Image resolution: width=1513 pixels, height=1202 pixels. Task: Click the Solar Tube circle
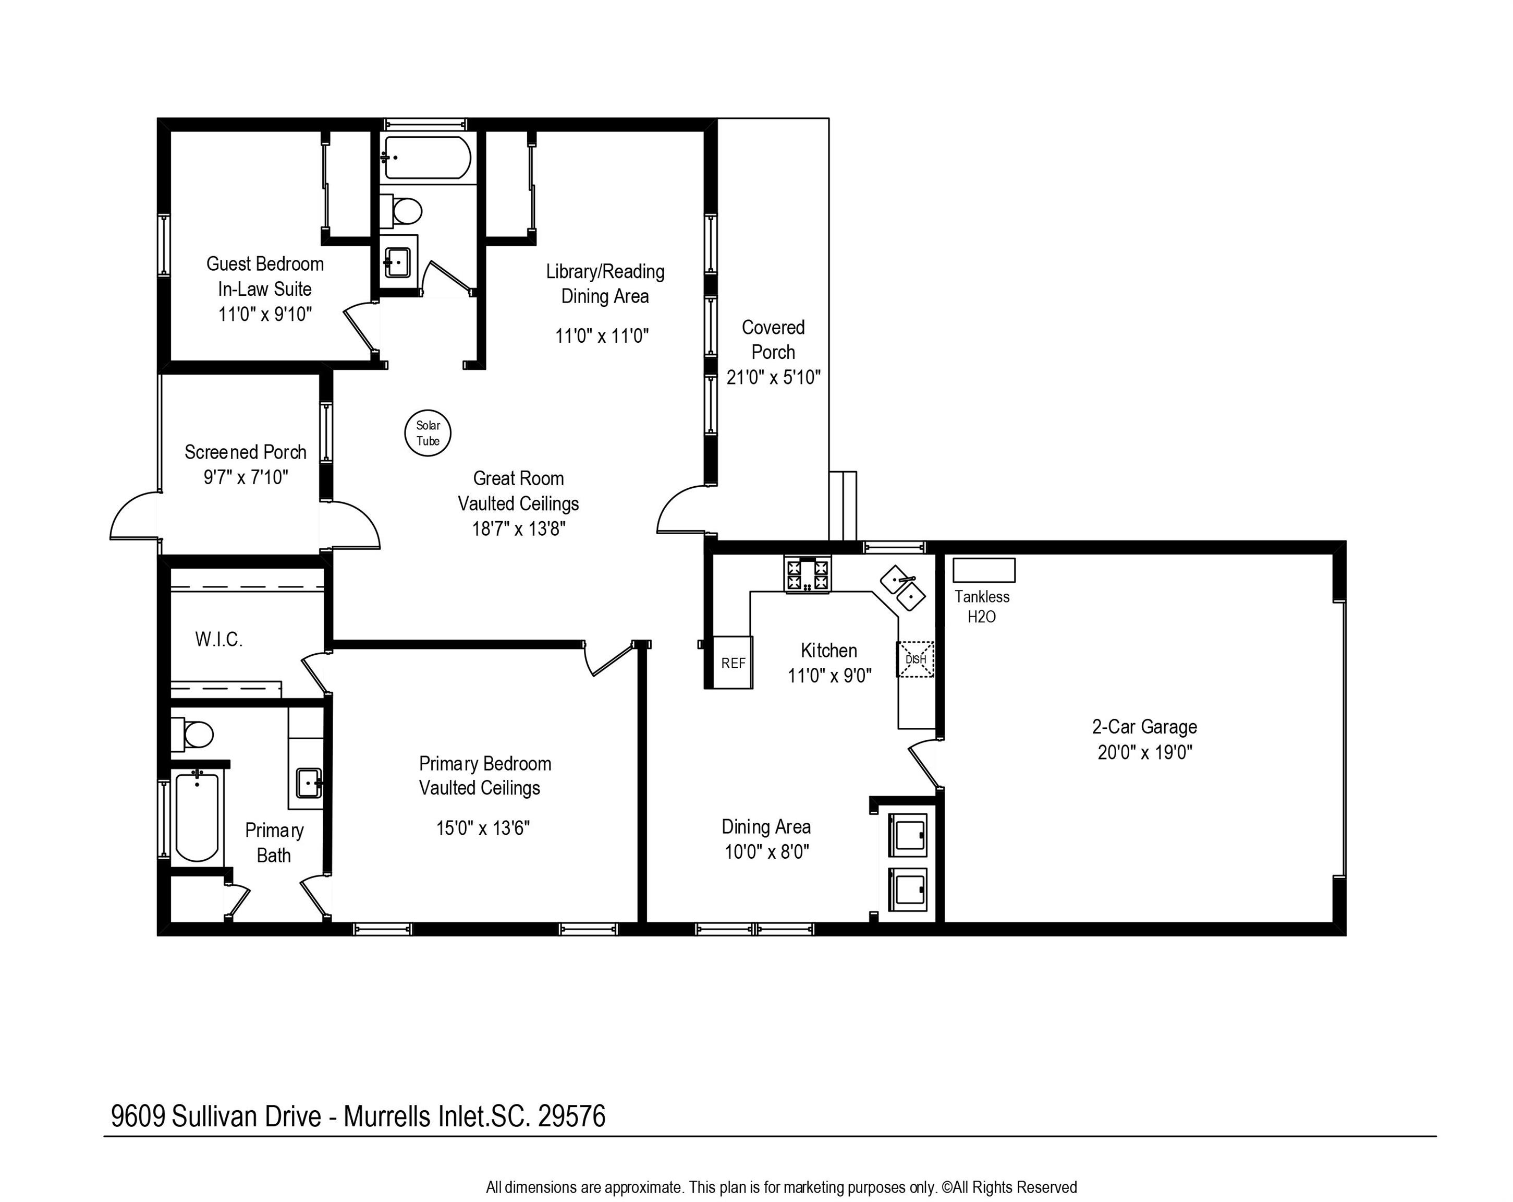point(428,432)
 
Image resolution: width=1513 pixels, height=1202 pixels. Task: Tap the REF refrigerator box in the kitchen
point(734,662)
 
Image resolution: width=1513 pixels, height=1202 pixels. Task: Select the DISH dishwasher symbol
point(915,659)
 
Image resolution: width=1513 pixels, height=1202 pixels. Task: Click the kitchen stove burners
point(808,574)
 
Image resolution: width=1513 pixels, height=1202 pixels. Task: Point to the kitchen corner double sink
point(903,587)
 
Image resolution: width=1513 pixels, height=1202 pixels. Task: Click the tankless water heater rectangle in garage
point(983,570)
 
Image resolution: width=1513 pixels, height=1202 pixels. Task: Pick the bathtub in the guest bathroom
point(426,158)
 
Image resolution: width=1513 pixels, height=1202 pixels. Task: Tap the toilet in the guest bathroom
point(401,210)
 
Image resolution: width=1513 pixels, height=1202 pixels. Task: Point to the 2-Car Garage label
point(1144,727)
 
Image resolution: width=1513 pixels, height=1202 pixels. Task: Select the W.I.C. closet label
point(219,640)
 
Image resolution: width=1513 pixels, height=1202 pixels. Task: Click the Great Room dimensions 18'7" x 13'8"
point(519,528)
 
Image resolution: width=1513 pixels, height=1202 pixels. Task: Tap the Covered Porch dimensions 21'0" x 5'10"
point(773,378)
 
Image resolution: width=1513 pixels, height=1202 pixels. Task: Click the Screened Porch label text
point(246,452)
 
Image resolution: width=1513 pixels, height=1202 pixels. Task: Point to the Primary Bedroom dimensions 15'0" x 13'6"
point(483,828)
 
